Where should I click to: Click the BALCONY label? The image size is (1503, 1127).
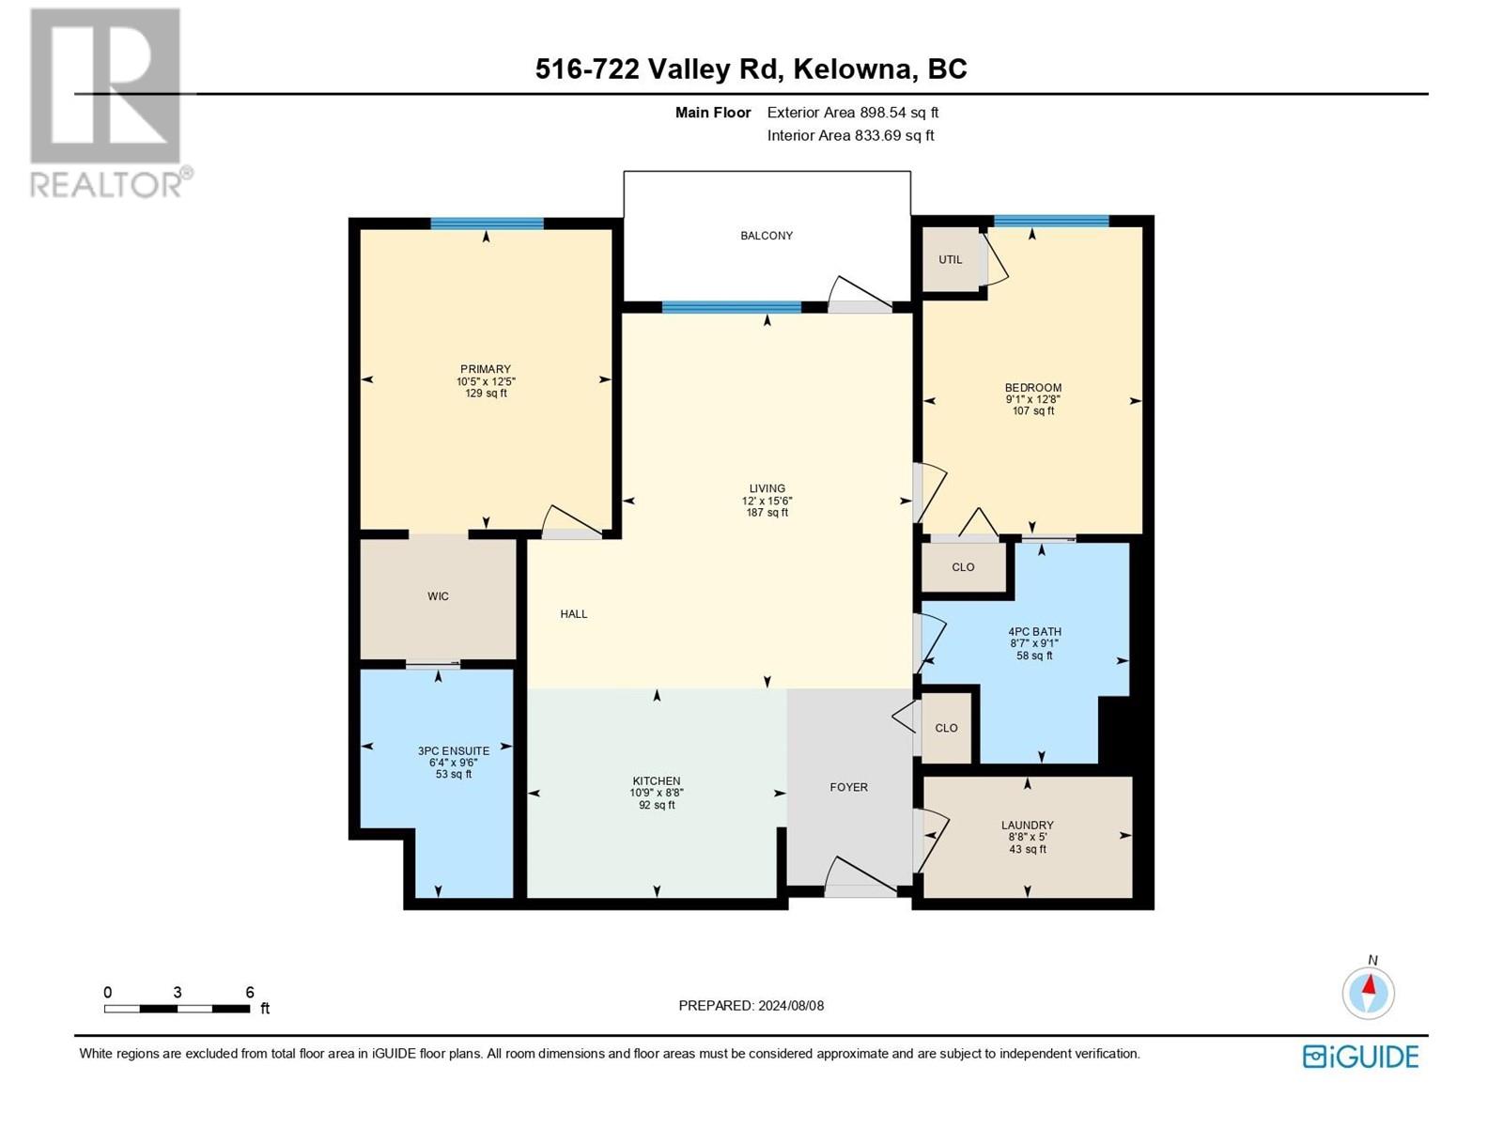pyautogui.click(x=767, y=236)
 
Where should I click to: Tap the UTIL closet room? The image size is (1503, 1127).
pyautogui.click(x=951, y=259)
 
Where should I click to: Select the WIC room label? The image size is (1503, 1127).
pyautogui.click(x=439, y=596)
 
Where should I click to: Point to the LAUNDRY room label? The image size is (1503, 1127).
pyautogui.click(x=1027, y=826)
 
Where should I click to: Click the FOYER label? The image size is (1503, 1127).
pyautogui.click(x=849, y=788)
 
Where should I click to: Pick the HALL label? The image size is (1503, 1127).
pyautogui.click(x=574, y=614)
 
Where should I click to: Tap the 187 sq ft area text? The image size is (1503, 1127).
pyautogui.click(x=767, y=513)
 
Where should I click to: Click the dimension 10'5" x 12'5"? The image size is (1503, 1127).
pyautogui.click(x=487, y=382)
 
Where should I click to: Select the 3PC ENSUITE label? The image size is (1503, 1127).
pyautogui.click(x=454, y=751)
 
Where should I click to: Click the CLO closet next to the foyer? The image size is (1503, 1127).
pyautogui.click(x=946, y=728)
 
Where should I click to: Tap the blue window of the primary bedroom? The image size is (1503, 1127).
pyautogui.click(x=487, y=224)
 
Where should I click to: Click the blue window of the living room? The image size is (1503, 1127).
pyautogui.click(x=732, y=307)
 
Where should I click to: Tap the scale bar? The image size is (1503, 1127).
pyautogui.click(x=177, y=1009)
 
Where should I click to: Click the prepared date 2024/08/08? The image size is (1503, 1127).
pyautogui.click(x=790, y=1006)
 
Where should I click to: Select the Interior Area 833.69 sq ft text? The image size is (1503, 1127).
pyautogui.click(x=850, y=135)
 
